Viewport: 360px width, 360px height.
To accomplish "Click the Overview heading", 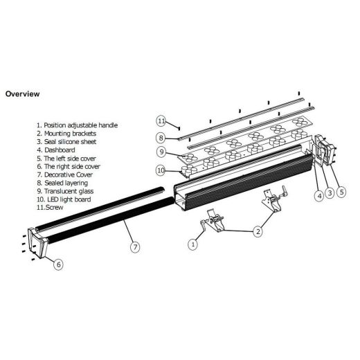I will pyautogui.click(x=22, y=93).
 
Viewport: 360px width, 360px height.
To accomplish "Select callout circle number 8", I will pyautogui.click(x=161, y=137).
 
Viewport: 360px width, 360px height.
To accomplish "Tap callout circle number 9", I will pyautogui.click(x=161, y=152).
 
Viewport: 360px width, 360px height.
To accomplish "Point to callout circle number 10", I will pyautogui.click(x=161, y=170).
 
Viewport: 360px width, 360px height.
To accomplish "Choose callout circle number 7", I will pyautogui.click(x=134, y=244).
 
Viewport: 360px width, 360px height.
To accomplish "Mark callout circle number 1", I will pyautogui.click(x=193, y=243).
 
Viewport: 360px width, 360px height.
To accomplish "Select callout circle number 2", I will pyautogui.click(x=257, y=232).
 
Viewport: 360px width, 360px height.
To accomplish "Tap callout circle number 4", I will pyautogui.click(x=318, y=196).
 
